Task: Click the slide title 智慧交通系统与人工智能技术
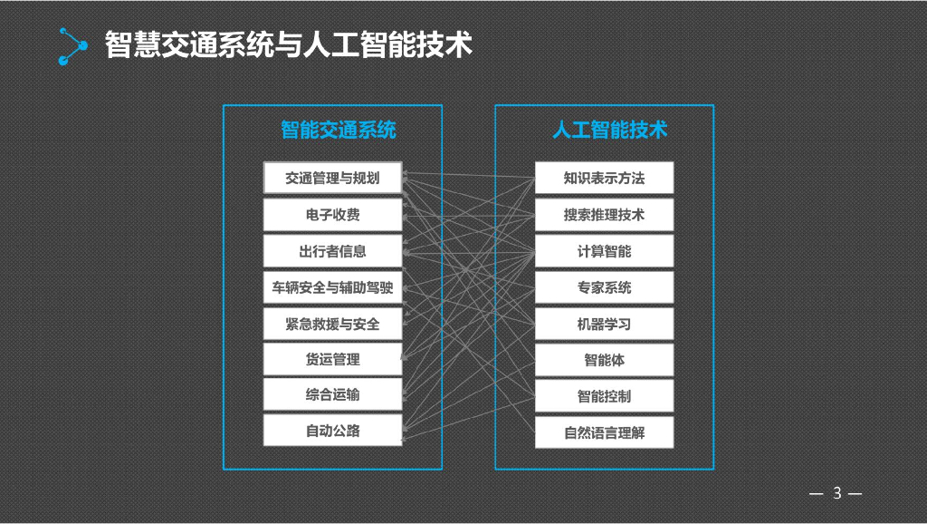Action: point(289,44)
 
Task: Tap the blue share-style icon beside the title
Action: point(72,46)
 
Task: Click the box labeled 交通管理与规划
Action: point(332,178)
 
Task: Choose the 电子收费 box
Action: point(332,215)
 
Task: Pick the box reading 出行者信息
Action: point(332,251)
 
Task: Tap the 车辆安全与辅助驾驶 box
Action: point(332,287)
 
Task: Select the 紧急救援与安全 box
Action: point(332,324)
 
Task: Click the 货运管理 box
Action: point(332,359)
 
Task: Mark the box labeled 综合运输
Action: point(332,394)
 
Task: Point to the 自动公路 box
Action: point(332,431)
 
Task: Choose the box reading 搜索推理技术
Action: point(604,215)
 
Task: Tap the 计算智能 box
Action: point(604,251)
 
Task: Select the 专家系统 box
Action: point(604,287)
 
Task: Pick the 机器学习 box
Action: point(604,324)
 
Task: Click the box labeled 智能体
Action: point(604,360)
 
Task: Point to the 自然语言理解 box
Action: point(604,432)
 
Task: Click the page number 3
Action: point(836,493)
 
